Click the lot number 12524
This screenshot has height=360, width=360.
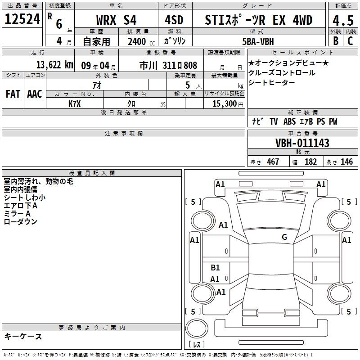22,19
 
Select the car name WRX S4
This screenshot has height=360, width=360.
116,20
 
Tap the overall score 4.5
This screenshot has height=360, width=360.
343,20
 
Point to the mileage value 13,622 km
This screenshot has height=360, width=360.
55,65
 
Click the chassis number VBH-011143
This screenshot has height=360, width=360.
302,143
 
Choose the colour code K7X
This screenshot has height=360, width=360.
75,104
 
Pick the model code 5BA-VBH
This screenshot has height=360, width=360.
258,41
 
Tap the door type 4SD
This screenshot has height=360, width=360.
174,20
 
